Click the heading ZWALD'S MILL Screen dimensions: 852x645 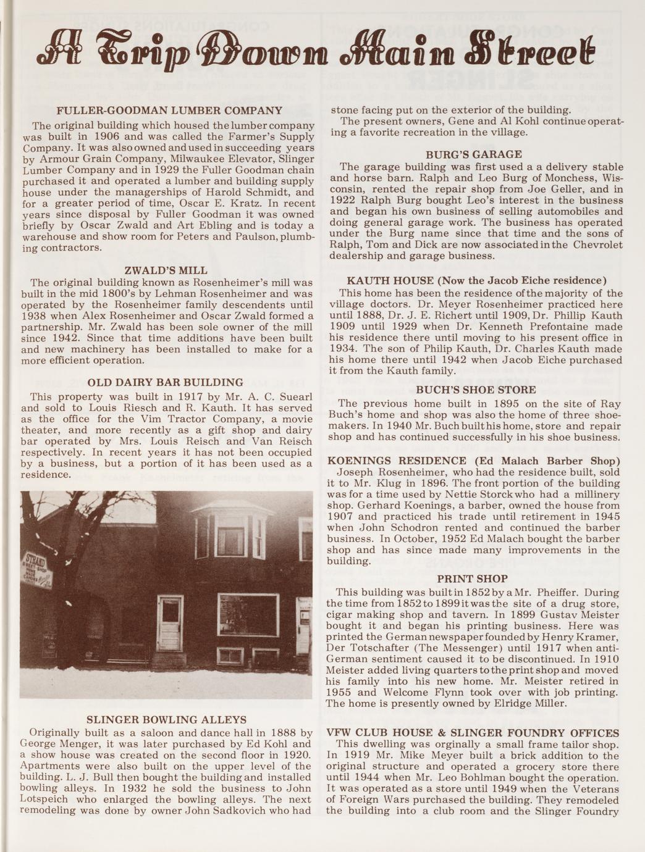coord(166,270)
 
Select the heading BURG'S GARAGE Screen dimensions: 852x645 coord(474,154)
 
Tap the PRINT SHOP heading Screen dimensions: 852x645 coord(473,579)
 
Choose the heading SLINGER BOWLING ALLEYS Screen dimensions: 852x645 coord(166,720)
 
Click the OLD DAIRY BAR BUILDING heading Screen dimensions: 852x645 coord(166,383)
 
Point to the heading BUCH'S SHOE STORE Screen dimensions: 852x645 coord(476,390)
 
